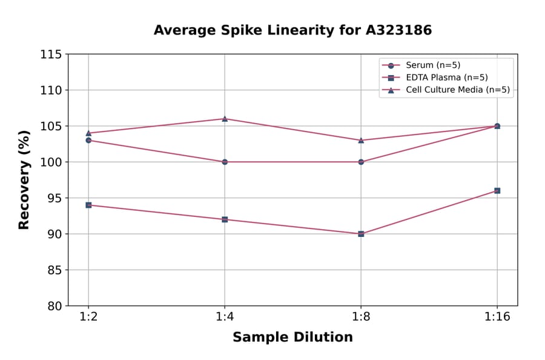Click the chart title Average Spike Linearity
tap(292, 30)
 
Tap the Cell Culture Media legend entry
tap(457, 90)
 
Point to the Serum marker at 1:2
tap(88, 140)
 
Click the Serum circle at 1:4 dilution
tap(225, 162)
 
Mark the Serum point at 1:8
tap(361, 162)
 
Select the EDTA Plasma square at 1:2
tap(88, 205)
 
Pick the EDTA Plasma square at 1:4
tap(225, 219)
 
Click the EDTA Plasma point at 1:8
tap(361, 233)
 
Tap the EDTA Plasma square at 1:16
tap(497, 190)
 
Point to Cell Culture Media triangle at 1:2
tap(88, 133)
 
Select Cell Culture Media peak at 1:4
tap(225, 119)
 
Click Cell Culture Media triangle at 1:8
tap(361, 140)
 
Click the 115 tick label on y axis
tap(51, 55)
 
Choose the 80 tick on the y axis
tap(54, 306)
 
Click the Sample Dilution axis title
tap(292, 338)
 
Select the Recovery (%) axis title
tap(24, 180)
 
